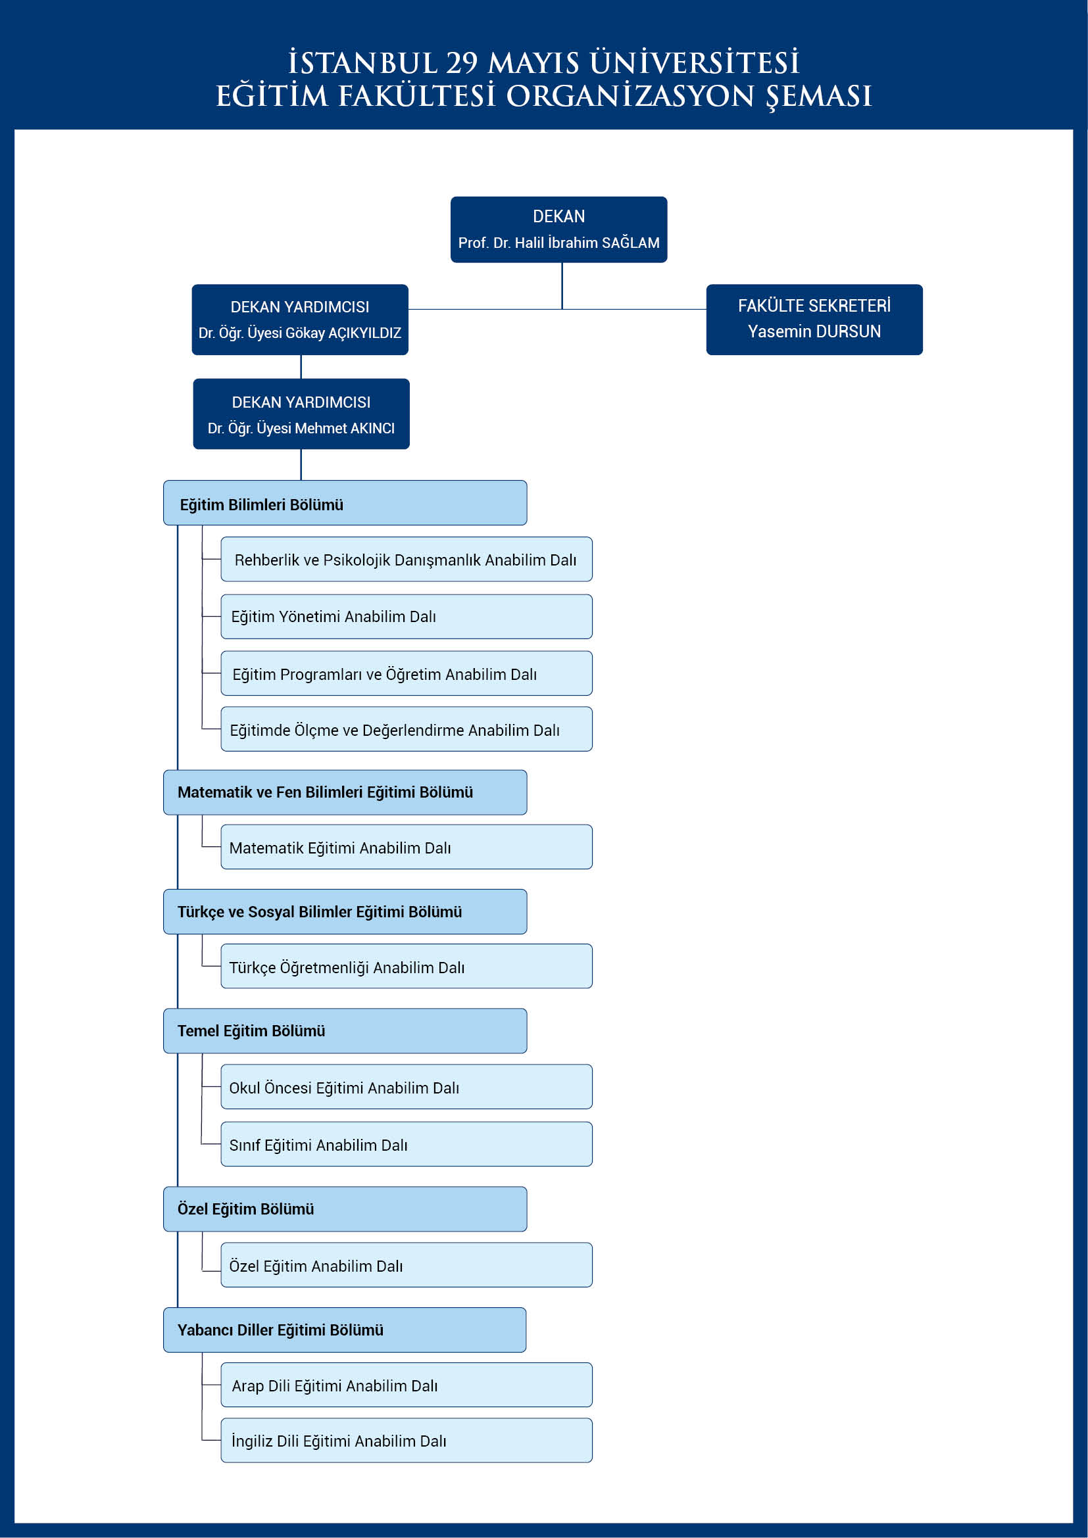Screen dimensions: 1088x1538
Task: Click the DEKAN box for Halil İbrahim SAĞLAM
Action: pyautogui.click(x=558, y=229)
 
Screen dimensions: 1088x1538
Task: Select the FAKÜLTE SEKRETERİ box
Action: pyautogui.click(x=814, y=320)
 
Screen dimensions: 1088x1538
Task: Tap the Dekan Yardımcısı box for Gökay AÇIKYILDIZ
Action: pyautogui.click(x=300, y=320)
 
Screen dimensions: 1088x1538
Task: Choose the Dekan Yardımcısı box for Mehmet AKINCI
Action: pyautogui.click(x=301, y=414)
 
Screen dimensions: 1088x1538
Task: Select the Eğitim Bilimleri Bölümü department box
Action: pyautogui.click(x=345, y=502)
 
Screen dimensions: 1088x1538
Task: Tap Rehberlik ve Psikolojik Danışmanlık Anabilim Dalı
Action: pyautogui.click(x=407, y=560)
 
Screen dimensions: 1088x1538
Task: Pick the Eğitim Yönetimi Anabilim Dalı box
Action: pyautogui.click(x=407, y=616)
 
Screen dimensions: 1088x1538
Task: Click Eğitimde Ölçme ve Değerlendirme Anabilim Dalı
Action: pyautogui.click(x=407, y=729)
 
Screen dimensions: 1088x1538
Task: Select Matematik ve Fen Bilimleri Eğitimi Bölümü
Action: pyautogui.click(x=345, y=792)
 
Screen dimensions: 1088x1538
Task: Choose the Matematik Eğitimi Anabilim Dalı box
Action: pyautogui.click(x=407, y=847)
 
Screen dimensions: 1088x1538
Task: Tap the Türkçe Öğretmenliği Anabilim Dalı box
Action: pyautogui.click(x=407, y=966)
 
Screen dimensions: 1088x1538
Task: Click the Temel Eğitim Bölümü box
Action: pyautogui.click(x=345, y=1031)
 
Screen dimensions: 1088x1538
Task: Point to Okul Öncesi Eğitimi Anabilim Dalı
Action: pyautogui.click(x=407, y=1086)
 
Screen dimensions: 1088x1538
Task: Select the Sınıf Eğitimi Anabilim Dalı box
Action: pyautogui.click(x=407, y=1144)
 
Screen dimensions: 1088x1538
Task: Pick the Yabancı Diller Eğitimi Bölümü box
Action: pyautogui.click(x=345, y=1330)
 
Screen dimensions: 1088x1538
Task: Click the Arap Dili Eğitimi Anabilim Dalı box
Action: pyautogui.click(x=407, y=1385)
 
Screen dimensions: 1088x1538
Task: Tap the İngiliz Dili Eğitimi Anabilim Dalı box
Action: pyautogui.click(x=407, y=1440)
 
